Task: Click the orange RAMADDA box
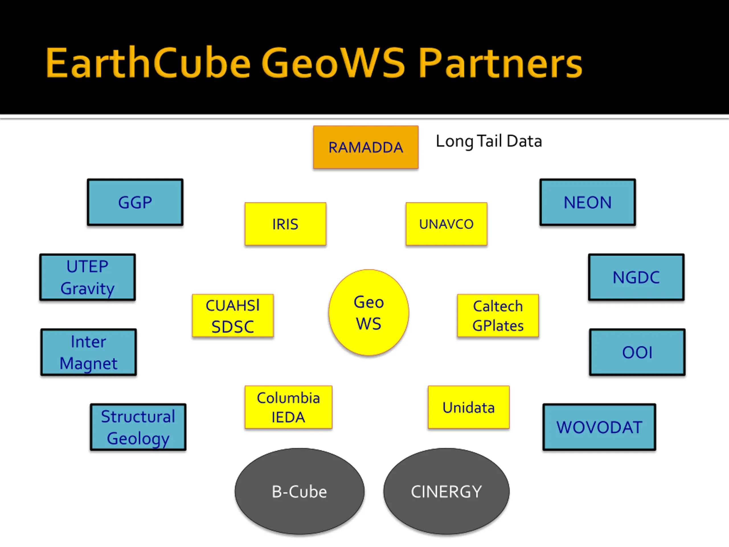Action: [366, 147]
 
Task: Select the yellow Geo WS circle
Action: [369, 313]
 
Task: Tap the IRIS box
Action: [285, 224]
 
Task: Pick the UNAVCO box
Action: [447, 224]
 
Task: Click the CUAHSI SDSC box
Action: [233, 316]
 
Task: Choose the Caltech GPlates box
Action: [498, 316]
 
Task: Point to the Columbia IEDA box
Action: [288, 407]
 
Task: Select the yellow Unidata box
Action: [469, 407]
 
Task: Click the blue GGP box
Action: [135, 202]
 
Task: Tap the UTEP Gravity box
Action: [88, 277]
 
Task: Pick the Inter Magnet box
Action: [89, 352]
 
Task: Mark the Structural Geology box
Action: [138, 427]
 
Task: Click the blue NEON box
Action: [588, 202]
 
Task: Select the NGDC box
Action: [636, 277]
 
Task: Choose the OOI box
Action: [637, 352]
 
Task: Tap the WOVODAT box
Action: [599, 427]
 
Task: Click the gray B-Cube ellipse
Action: [300, 491]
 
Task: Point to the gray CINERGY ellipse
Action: [446, 491]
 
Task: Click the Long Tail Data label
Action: [489, 141]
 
